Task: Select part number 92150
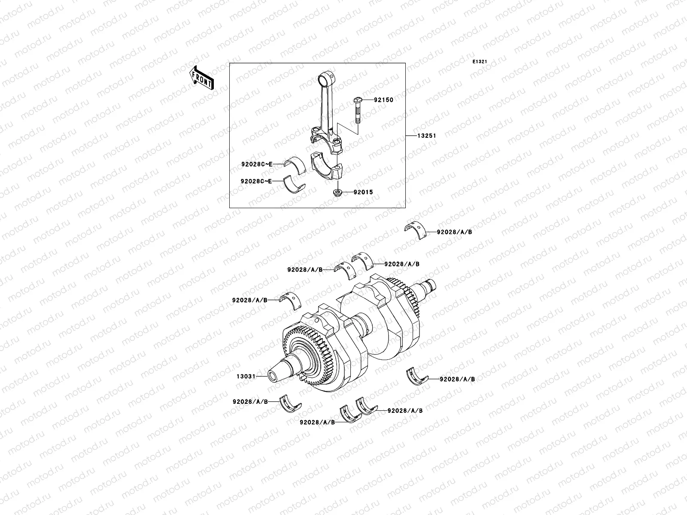383,100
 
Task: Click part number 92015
363,193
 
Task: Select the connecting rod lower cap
328,167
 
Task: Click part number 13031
246,376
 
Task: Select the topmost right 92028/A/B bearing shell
416,230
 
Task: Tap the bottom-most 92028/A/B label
317,422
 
